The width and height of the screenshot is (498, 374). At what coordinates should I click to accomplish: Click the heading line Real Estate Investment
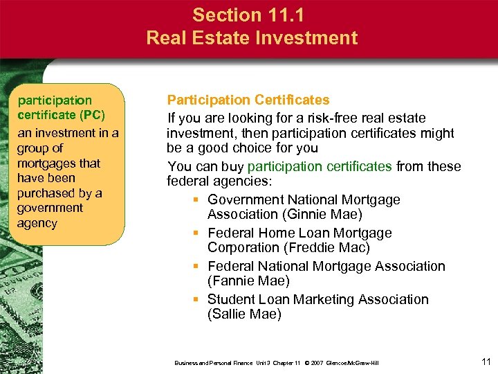point(252,37)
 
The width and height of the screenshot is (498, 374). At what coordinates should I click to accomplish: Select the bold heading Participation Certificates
point(248,100)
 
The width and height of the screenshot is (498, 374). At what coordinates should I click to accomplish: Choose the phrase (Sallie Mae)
point(245,314)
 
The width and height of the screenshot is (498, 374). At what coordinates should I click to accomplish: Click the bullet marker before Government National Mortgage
point(196,200)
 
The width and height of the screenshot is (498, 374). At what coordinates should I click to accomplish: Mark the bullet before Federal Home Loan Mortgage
point(196,233)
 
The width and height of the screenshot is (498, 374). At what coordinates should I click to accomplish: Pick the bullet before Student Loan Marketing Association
point(196,300)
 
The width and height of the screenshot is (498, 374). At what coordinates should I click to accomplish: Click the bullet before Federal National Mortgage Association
point(196,267)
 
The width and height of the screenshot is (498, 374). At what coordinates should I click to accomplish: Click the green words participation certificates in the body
point(320,167)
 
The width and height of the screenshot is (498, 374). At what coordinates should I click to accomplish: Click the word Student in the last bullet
point(231,300)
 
